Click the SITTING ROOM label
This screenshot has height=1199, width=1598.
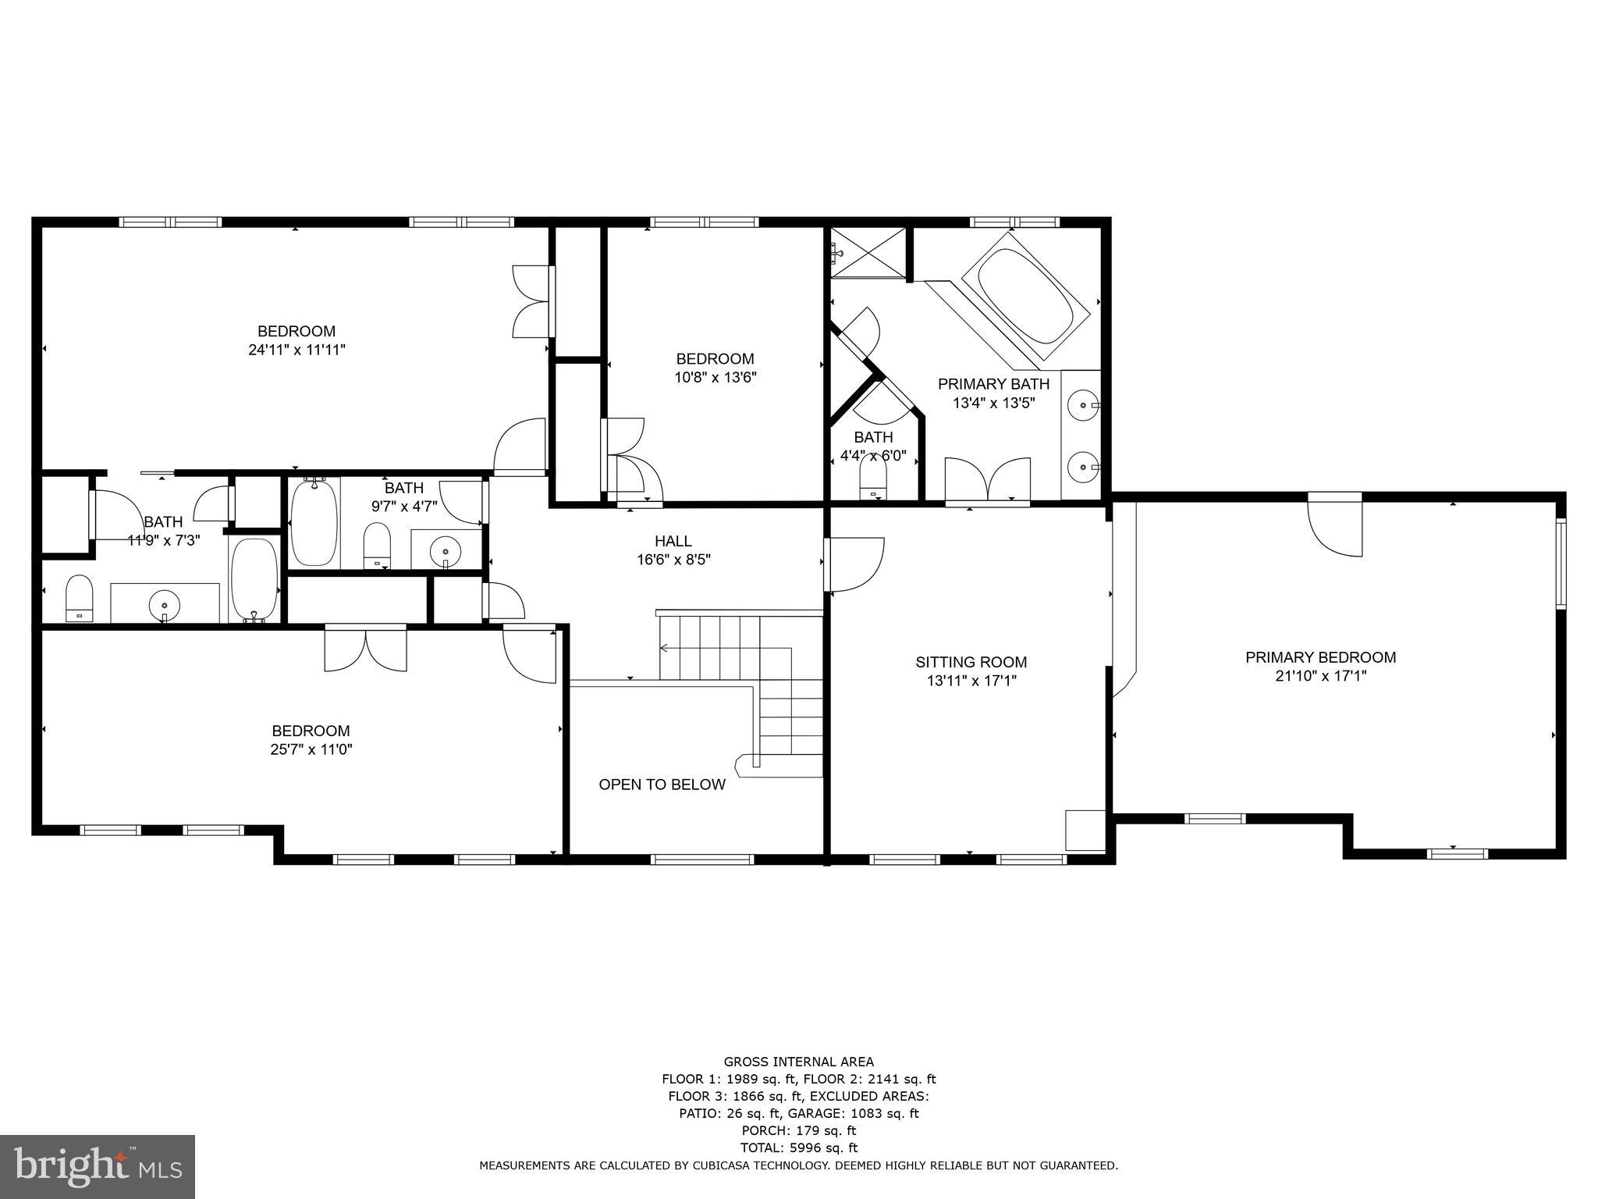[x=971, y=662]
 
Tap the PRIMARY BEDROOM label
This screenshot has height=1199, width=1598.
[x=1320, y=657]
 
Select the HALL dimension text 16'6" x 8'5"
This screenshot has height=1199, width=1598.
[x=673, y=560]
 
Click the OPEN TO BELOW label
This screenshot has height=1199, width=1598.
[x=662, y=785]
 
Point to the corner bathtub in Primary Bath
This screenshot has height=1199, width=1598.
[x=1024, y=297]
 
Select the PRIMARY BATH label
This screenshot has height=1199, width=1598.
[x=993, y=384]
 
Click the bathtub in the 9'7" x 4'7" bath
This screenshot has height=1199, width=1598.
[x=314, y=521]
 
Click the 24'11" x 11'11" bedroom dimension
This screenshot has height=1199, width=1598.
[x=297, y=350]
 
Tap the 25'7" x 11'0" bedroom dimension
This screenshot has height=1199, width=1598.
[x=311, y=749]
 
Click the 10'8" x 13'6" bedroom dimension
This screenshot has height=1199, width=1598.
[x=716, y=378]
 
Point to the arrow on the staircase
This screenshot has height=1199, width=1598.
[x=665, y=647]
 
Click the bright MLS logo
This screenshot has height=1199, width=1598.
[x=98, y=1166]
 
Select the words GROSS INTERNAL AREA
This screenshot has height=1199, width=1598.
[x=798, y=1062]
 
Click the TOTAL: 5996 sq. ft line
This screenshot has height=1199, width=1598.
[x=798, y=1147]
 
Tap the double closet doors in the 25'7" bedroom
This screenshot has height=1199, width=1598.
[x=365, y=649]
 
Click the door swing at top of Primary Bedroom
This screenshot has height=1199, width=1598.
[x=1334, y=526]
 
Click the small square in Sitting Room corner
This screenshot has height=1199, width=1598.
[x=1085, y=831]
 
